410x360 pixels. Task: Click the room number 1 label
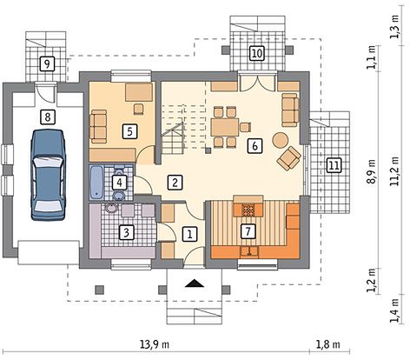point(190,233)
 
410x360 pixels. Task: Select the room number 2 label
point(175,182)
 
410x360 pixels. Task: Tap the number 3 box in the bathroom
point(126,232)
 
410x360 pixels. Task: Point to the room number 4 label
point(121,183)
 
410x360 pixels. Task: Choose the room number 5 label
point(129,132)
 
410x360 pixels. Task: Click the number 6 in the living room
point(254,146)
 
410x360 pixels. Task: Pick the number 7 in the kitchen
point(248,231)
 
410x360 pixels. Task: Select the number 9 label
point(48,63)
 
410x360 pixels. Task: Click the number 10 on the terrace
point(256,54)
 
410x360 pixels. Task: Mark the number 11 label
point(333,165)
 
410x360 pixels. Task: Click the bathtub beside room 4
point(96,183)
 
